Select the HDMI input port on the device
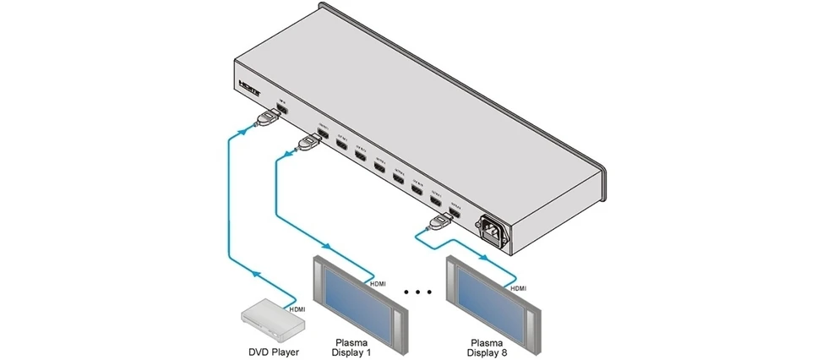[284, 111]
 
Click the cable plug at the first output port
[308, 145]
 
